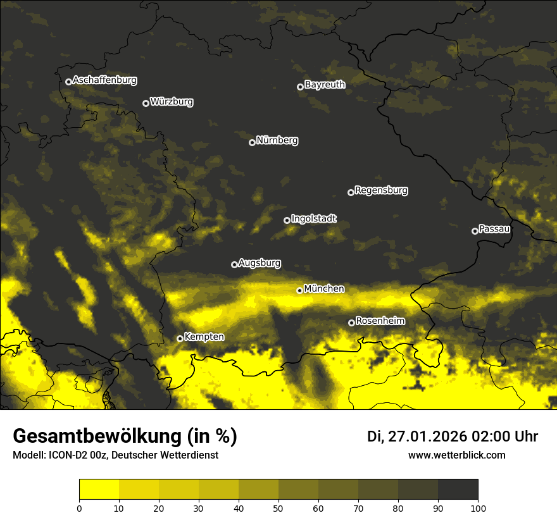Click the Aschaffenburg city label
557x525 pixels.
click(x=104, y=80)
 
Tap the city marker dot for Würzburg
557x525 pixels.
click(x=146, y=103)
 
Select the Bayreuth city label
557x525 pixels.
click(x=325, y=85)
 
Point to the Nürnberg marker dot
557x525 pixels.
click(x=252, y=142)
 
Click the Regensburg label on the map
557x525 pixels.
click(x=381, y=190)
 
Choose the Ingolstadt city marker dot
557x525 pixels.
click(x=287, y=220)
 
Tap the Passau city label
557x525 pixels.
click(x=494, y=229)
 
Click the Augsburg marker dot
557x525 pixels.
click(x=234, y=264)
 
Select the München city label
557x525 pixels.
click(x=324, y=289)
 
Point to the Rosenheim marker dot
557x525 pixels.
click(x=351, y=323)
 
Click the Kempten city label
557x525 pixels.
click(x=204, y=337)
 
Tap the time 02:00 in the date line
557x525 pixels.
click(x=485, y=436)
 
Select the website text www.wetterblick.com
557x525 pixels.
click(x=456, y=455)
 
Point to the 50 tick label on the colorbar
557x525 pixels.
click(x=278, y=507)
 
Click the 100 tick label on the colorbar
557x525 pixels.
click(x=478, y=507)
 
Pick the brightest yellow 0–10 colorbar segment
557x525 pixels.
click(x=99, y=490)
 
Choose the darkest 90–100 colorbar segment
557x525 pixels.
click(x=458, y=490)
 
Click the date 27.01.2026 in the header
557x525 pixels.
click(x=427, y=436)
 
